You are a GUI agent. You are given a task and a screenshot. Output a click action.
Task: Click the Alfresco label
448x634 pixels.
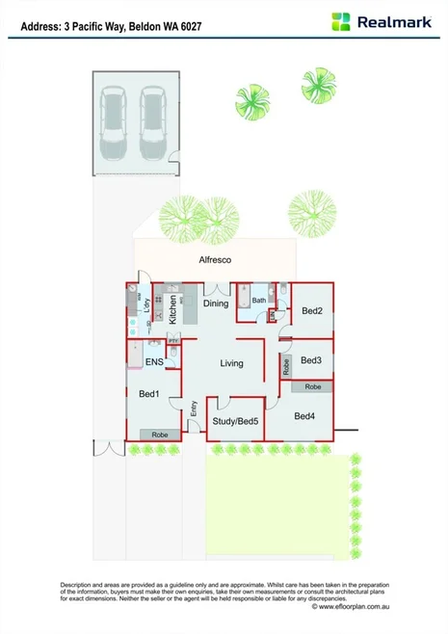click(x=216, y=260)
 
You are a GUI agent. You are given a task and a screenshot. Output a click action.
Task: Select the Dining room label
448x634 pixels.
click(x=216, y=304)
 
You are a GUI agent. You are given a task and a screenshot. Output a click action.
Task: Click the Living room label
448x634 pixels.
click(x=231, y=363)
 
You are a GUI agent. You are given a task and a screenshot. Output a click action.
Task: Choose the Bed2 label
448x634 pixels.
click(x=311, y=311)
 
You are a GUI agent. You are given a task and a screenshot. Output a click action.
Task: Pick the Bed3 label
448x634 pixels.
click(x=310, y=359)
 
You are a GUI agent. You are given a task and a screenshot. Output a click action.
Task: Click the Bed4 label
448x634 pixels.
click(x=304, y=416)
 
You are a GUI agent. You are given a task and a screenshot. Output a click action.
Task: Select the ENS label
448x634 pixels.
click(x=154, y=362)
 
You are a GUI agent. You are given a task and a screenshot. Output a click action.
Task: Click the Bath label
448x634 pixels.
click(x=259, y=301)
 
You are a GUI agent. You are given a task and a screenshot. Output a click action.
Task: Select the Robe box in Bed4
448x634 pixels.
click(x=313, y=386)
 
